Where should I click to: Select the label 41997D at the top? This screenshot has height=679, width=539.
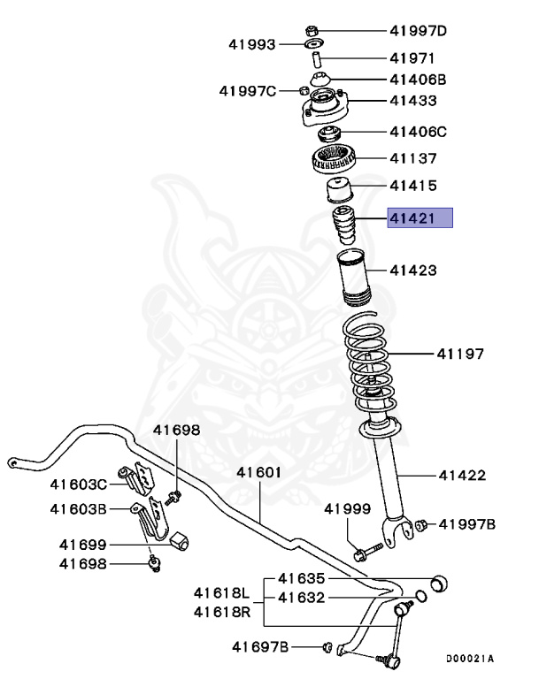(419, 32)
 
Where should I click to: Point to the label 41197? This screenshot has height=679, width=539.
(459, 355)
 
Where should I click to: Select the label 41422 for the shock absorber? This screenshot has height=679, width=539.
(461, 476)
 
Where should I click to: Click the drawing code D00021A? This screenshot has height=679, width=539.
(469, 658)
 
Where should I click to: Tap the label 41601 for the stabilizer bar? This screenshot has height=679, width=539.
(258, 472)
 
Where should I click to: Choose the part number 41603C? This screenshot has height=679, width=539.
(78, 484)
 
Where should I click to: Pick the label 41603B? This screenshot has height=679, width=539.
(78, 509)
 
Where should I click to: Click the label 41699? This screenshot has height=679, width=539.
(83, 545)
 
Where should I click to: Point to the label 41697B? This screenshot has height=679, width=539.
(260, 647)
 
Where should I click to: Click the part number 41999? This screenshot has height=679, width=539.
(347, 508)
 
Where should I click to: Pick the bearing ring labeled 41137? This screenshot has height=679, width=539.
(335, 162)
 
